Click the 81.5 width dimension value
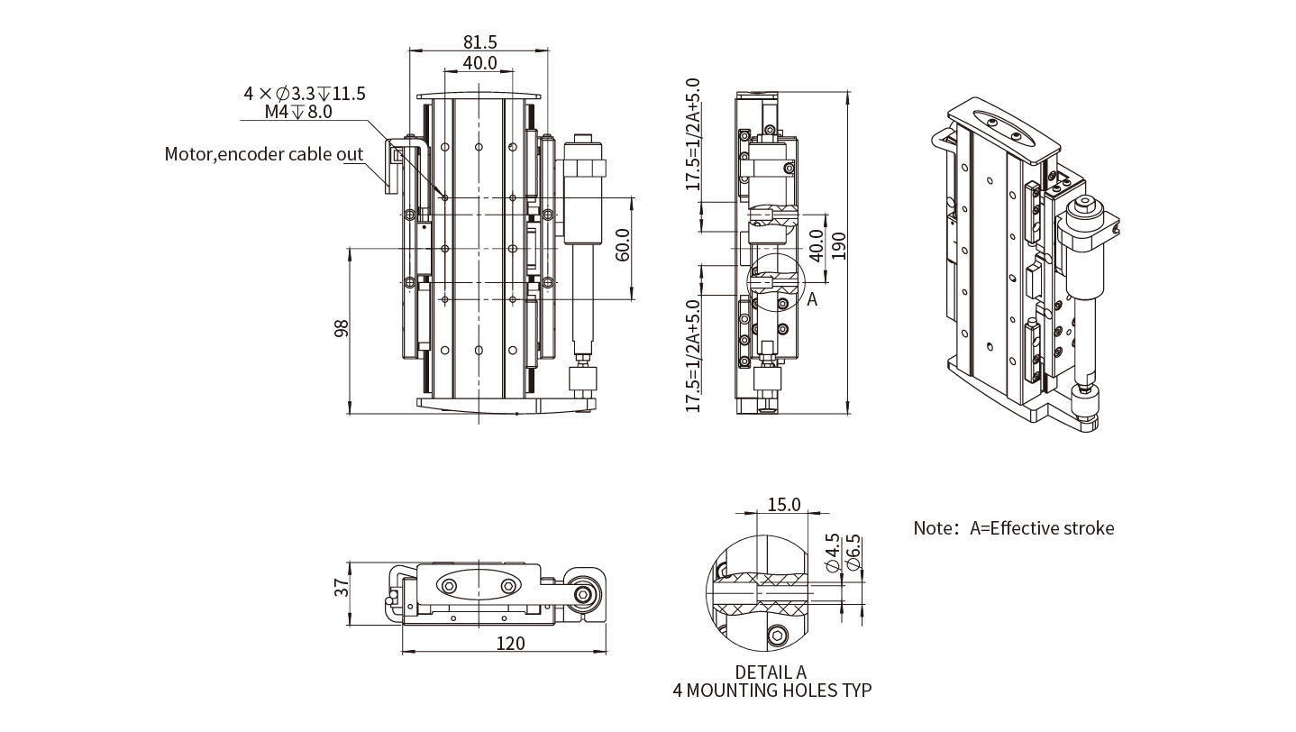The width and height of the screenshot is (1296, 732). click(x=479, y=41)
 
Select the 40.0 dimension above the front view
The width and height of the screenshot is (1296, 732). click(x=479, y=63)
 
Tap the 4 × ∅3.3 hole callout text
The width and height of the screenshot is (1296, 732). click(x=305, y=94)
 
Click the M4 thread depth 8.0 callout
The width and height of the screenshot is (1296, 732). click(x=298, y=112)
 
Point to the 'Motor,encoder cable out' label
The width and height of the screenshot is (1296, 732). click(x=263, y=154)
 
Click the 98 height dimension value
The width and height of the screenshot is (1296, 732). click(x=342, y=329)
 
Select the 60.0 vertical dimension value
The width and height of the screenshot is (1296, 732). click(x=623, y=245)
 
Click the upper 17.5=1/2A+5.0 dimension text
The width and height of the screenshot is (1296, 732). click(x=693, y=134)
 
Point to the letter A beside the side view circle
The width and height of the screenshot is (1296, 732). click(x=812, y=299)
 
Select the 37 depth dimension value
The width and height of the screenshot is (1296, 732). click(x=342, y=588)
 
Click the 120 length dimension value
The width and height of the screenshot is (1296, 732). click(x=509, y=644)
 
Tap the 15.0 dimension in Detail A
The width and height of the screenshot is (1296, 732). click(x=783, y=505)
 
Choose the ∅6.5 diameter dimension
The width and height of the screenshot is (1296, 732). click(x=853, y=552)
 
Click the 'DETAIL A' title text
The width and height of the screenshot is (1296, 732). click(x=771, y=673)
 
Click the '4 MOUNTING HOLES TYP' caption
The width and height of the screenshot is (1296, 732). click(x=772, y=691)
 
